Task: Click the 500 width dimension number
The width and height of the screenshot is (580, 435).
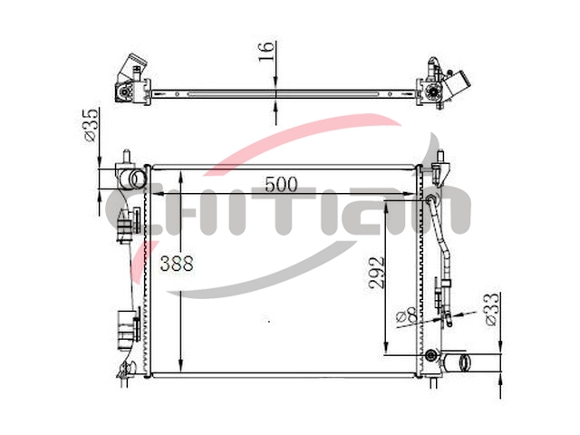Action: (x=281, y=185)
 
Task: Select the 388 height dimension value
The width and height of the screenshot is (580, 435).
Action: (x=177, y=264)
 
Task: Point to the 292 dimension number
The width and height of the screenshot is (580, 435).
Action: (x=377, y=273)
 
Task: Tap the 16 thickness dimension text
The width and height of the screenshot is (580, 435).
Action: (x=266, y=52)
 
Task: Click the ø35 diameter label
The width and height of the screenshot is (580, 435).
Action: (x=91, y=125)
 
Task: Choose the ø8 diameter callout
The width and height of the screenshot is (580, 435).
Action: (x=407, y=318)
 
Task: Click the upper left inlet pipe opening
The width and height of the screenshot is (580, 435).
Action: (x=138, y=179)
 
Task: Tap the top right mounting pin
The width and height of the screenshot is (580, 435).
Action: (x=440, y=155)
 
